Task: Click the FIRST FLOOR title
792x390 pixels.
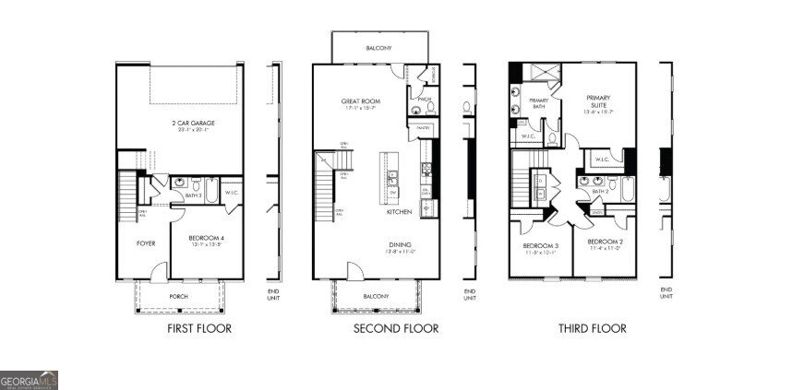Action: [x=198, y=329]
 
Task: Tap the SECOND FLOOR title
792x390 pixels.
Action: [x=396, y=329]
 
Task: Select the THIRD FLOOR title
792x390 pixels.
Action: [x=592, y=329]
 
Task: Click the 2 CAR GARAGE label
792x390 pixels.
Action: [x=179, y=124]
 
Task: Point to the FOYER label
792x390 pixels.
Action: [x=146, y=243]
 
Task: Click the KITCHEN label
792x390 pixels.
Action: [x=399, y=212]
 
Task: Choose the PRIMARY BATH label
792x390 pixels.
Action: [x=538, y=104]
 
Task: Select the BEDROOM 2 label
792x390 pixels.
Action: [x=606, y=243]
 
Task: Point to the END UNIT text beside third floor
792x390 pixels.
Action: [x=666, y=293]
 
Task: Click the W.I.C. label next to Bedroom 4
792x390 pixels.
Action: [x=232, y=193]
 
